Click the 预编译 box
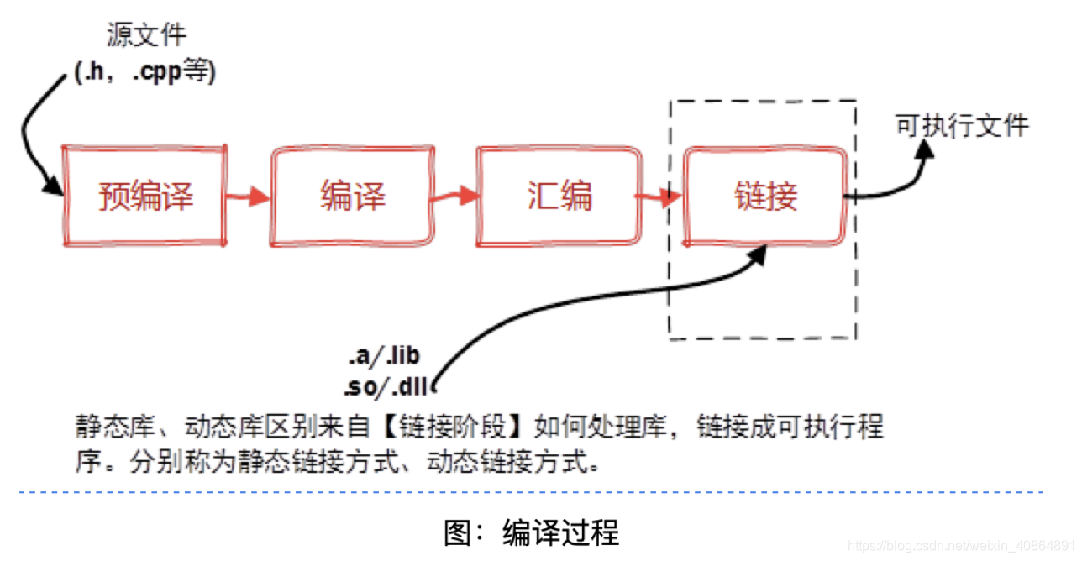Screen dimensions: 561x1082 [144, 197]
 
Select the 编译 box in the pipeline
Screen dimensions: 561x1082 [352, 197]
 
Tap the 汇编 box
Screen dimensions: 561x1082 [559, 197]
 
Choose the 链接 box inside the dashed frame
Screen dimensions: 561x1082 [764, 197]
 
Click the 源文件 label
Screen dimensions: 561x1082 [146, 35]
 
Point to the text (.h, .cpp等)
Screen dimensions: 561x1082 [146, 73]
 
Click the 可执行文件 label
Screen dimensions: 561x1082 [962, 126]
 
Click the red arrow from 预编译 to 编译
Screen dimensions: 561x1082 [249, 197]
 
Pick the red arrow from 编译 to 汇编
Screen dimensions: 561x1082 [455, 197]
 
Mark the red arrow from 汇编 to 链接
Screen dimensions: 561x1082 [660, 197]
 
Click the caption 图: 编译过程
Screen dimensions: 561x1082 [531, 532]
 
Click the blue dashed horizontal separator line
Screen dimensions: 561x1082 [538, 492]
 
